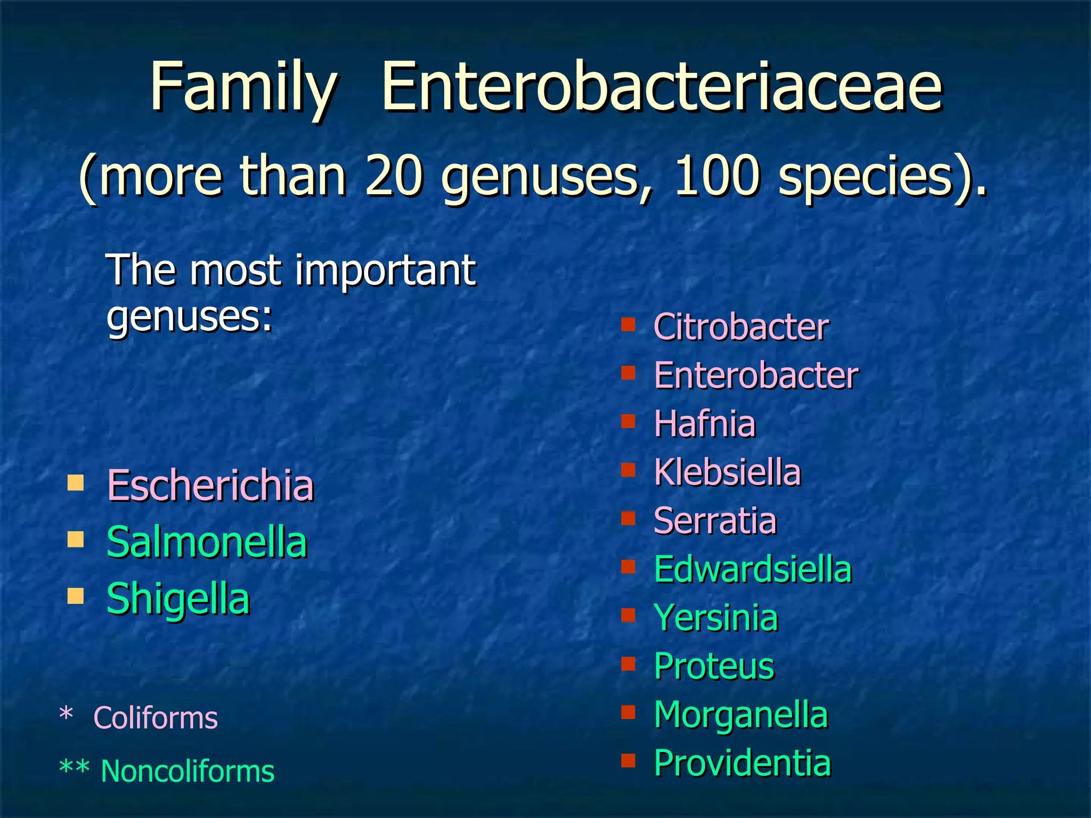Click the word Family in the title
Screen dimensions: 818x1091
(x=243, y=88)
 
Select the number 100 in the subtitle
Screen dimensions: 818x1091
(x=717, y=176)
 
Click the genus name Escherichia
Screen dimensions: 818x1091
(x=210, y=486)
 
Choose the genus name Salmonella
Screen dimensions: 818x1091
(x=207, y=542)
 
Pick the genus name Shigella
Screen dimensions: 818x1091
(x=178, y=599)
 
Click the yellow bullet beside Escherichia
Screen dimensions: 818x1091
(x=76, y=483)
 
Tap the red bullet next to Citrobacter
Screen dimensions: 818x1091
(x=629, y=324)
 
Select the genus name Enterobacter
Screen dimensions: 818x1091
(x=756, y=375)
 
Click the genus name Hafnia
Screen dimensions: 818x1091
(x=704, y=424)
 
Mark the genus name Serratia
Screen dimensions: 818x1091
(x=715, y=521)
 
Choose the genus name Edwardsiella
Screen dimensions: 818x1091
(x=753, y=569)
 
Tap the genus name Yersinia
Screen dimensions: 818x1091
(x=716, y=618)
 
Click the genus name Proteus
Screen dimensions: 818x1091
(x=714, y=666)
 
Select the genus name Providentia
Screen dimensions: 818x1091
(x=742, y=763)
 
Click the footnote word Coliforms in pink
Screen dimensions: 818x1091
(x=156, y=718)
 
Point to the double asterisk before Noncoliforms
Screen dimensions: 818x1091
(x=74, y=770)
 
